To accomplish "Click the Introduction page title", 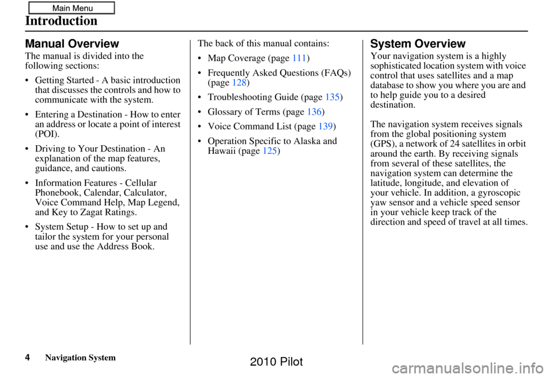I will pyautogui.click(x=61, y=22).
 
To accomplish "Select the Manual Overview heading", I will pyautogui.click(x=72, y=44).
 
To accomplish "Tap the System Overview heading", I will pyautogui.click(x=418, y=44).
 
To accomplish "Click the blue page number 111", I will pyautogui.click(x=299, y=58).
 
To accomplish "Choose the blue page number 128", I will pyautogui.click(x=240, y=83).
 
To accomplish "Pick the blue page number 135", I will pyautogui.click(x=333, y=98).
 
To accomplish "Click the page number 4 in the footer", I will pyautogui.click(x=28, y=358).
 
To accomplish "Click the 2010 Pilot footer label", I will pyautogui.click(x=276, y=362).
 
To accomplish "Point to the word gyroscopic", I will pyautogui.click(x=497, y=192).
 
